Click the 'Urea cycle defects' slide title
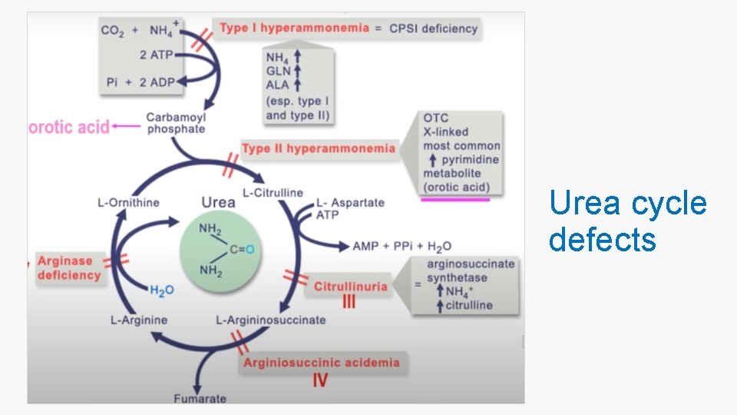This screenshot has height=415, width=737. click(x=627, y=221)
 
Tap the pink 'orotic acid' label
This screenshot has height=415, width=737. click(x=69, y=127)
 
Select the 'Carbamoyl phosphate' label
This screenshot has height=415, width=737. click(x=176, y=123)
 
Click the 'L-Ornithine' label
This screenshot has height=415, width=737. click(x=128, y=203)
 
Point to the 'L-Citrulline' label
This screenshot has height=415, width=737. click(x=273, y=192)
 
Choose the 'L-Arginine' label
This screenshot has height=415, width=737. click(x=138, y=320)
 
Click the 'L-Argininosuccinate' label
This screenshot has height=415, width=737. click(x=270, y=320)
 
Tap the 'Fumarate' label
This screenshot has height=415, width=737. click(x=200, y=398)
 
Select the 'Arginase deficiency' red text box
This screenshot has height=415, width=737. click(x=69, y=268)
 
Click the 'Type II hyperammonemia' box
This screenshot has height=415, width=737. click(x=319, y=148)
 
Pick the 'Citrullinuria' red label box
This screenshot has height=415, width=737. click(x=350, y=287)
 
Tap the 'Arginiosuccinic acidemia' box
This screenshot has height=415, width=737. click(x=321, y=362)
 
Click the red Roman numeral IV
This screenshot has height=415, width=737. click(x=321, y=380)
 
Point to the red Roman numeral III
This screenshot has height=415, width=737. click(x=349, y=303)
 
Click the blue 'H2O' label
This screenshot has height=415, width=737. click(x=161, y=290)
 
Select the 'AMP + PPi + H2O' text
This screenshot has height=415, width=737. click(x=402, y=246)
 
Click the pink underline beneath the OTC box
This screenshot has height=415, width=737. click(x=454, y=199)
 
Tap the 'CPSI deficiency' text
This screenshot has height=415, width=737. click(x=433, y=28)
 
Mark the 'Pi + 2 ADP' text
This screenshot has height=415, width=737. click(x=140, y=82)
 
